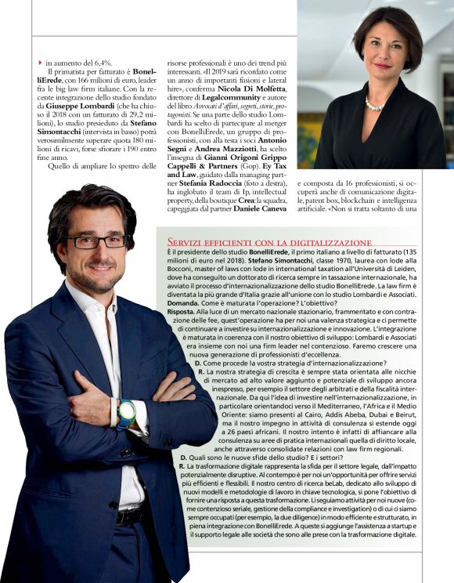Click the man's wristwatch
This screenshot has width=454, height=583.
pyautogui.click(x=126, y=413)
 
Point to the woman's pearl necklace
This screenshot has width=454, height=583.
pyautogui.click(x=374, y=104)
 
